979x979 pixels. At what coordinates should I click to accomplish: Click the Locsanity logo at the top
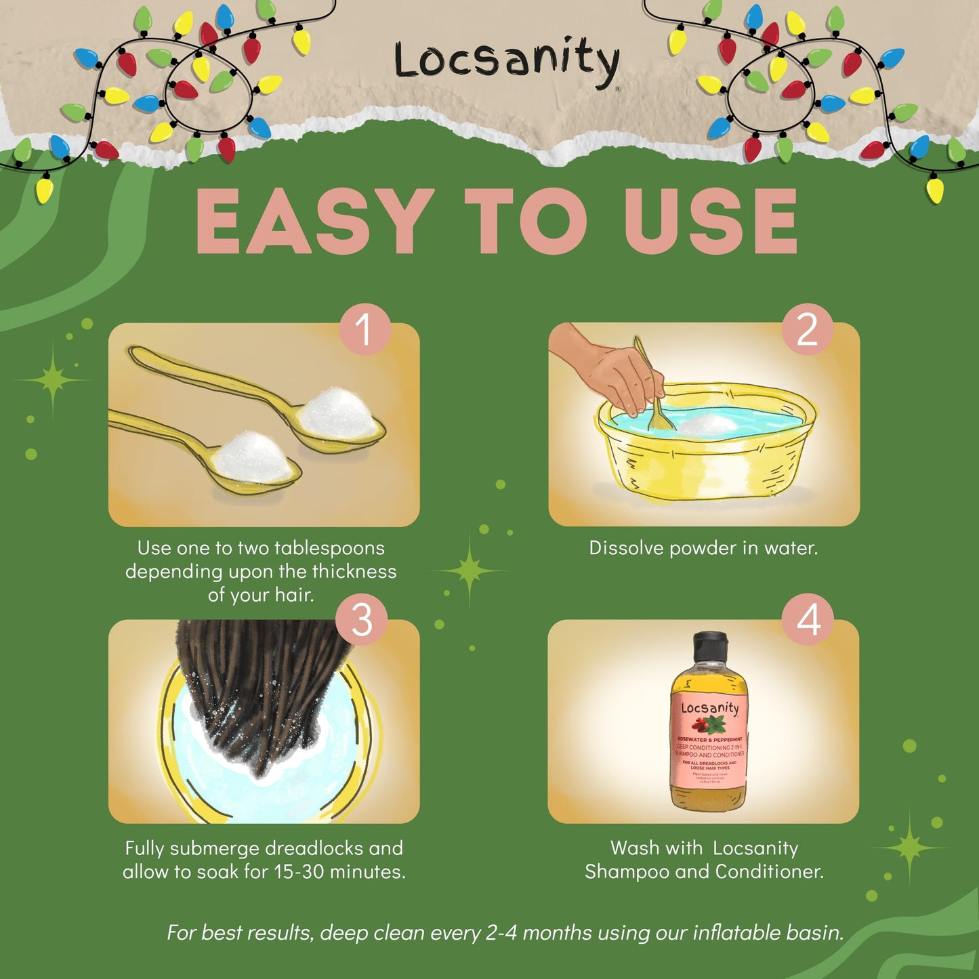tap(507, 61)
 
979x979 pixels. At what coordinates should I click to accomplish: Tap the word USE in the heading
tap(710, 221)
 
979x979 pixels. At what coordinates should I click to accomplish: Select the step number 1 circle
tap(364, 329)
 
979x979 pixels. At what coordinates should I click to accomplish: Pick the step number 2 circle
tap(807, 329)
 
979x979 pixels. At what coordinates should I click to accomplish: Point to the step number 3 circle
tap(362, 619)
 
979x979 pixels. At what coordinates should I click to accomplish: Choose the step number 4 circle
tap(808, 619)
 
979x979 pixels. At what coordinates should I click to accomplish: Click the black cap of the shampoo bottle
tap(709, 647)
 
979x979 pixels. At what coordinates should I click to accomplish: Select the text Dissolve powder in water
tap(703, 548)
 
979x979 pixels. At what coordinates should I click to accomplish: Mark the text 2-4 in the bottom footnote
tap(501, 933)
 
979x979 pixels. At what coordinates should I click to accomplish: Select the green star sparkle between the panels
tap(470, 570)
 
